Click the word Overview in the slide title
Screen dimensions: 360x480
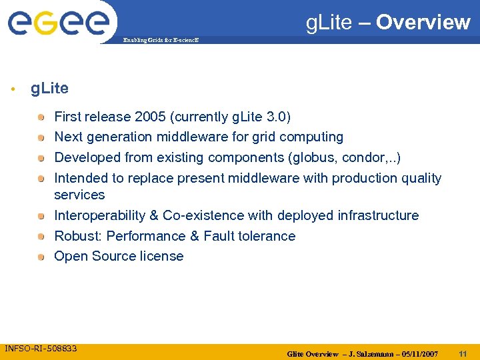[423, 23]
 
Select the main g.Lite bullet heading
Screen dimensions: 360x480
[49, 88]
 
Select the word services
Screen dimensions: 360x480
[79, 195]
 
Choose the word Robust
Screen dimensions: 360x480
[76, 236]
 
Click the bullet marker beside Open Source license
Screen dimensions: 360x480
[41, 257]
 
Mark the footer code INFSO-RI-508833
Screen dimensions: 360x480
[41, 348]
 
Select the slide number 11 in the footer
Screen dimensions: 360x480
[463, 353]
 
